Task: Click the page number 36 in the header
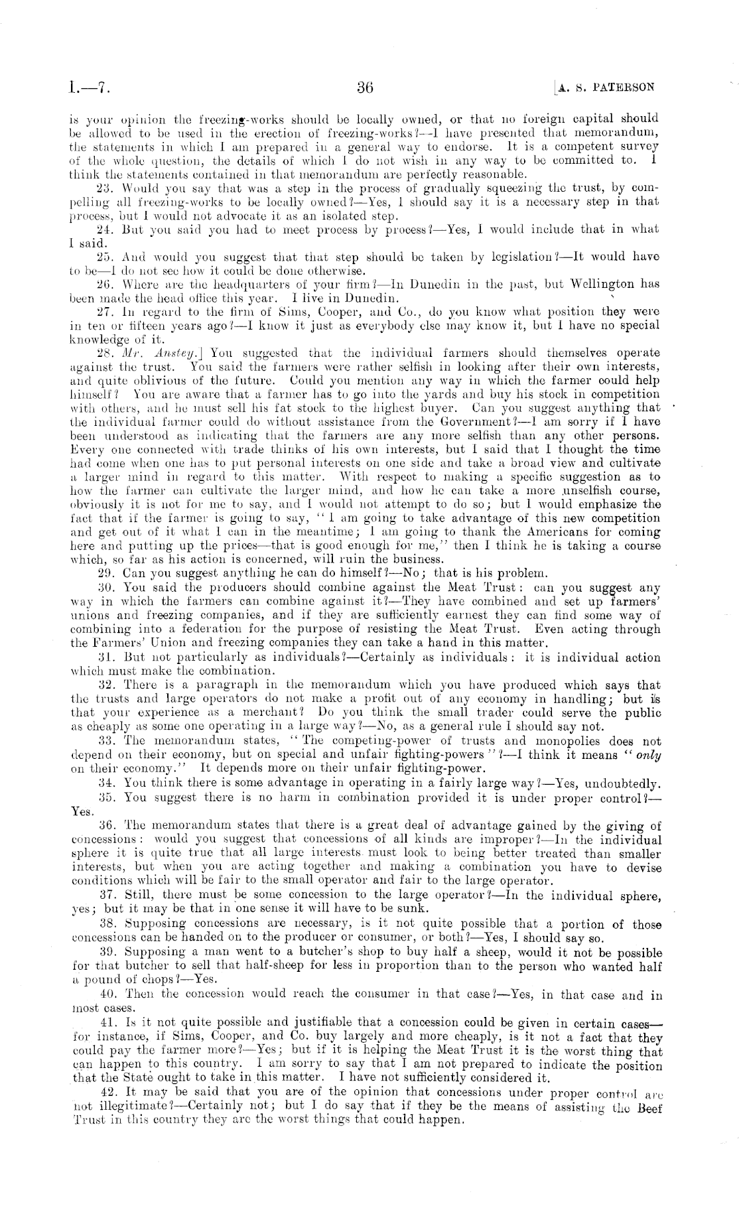coord(366,88)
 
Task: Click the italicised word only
coord(649,755)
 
